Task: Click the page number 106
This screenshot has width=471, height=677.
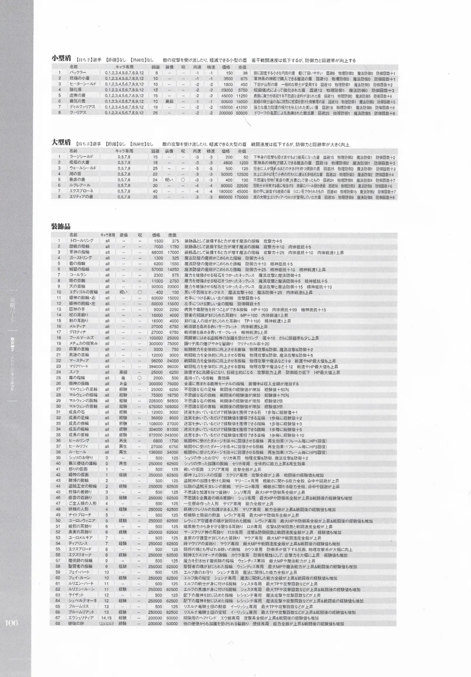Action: (11, 623)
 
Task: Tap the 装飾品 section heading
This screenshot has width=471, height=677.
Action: (61, 226)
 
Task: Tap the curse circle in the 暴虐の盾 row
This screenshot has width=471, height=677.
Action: (183, 180)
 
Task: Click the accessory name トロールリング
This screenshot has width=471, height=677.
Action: (81, 241)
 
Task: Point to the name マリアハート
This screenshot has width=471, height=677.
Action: (79, 366)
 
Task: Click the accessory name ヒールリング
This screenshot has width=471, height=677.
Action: (79, 441)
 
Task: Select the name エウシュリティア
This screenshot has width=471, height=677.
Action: (81, 618)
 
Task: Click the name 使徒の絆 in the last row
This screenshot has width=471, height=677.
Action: (77, 623)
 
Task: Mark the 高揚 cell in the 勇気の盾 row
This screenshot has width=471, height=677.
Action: (169, 101)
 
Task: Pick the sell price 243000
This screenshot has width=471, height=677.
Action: (171, 435)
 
